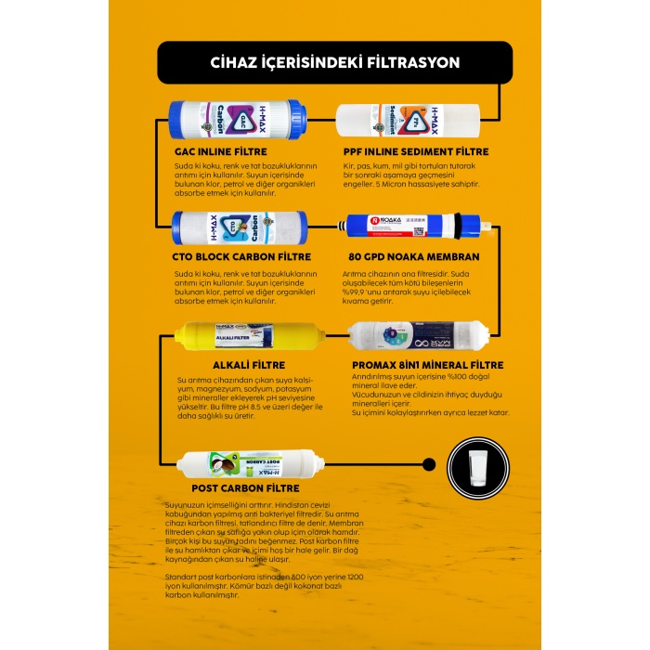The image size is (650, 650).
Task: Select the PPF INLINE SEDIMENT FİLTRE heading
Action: pyautogui.click(x=416, y=151)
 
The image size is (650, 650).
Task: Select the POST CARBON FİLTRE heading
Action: pyautogui.click(x=245, y=488)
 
